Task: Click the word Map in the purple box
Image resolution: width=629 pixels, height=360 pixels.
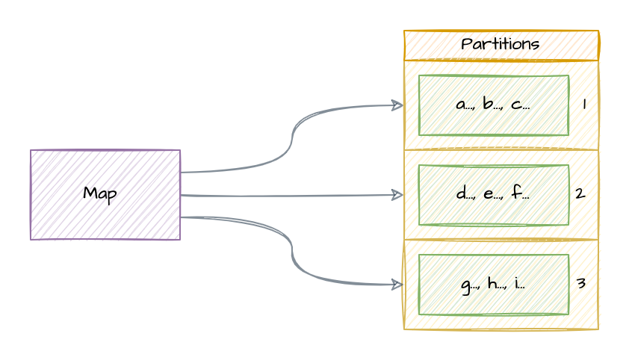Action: tap(99, 194)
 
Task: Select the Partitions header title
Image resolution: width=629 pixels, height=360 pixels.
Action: tap(500, 44)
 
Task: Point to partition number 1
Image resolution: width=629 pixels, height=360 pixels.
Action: tap(583, 105)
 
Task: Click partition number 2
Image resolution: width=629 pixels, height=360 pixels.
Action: tap(580, 193)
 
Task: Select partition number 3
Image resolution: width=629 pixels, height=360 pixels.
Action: tap(580, 283)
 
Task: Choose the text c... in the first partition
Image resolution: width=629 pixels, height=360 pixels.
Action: tap(519, 105)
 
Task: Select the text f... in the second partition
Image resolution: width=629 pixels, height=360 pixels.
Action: tap(520, 194)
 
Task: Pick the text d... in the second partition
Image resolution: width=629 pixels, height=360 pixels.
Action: tap(465, 194)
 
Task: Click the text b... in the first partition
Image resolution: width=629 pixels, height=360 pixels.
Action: tap(492, 105)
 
